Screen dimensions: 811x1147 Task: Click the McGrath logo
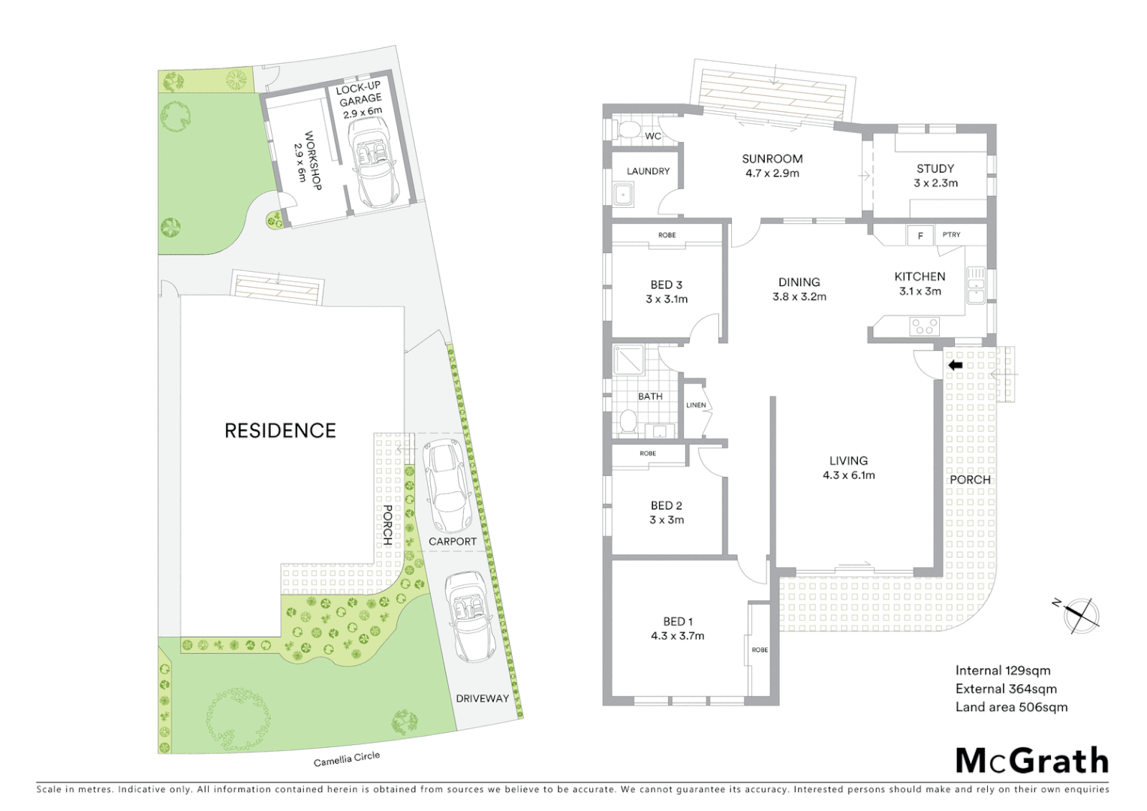1031,761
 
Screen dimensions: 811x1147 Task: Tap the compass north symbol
1081,614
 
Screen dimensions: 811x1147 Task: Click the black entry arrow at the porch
955,366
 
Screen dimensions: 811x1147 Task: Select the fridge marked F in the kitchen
920,236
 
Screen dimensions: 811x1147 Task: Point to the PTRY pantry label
951,235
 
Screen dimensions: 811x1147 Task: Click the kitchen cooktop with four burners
924,326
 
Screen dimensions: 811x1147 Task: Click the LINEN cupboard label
696,405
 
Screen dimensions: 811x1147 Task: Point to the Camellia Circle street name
346,759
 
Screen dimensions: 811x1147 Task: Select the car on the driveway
469,617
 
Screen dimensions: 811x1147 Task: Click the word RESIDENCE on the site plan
280,430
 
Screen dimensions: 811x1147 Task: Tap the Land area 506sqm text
1010,707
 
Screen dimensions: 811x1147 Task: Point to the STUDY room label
935,169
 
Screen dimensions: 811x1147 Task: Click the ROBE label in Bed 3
667,235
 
